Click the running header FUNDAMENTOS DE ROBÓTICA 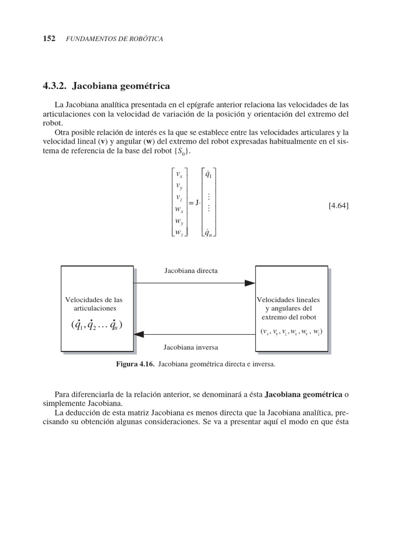(x=115, y=40)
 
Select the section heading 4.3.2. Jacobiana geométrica (x=105, y=85)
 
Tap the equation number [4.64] (x=339, y=206)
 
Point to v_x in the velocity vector (x=180, y=175)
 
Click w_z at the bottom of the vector (x=180, y=233)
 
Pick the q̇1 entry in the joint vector (x=208, y=175)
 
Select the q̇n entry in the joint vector (x=208, y=233)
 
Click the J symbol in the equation (x=197, y=204)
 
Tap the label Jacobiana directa (x=191, y=271)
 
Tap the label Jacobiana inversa (x=191, y=347)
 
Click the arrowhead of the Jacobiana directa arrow (x=250, y=283)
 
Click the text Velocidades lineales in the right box (x=289, y=300)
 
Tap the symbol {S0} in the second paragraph (x=182, y=151)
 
